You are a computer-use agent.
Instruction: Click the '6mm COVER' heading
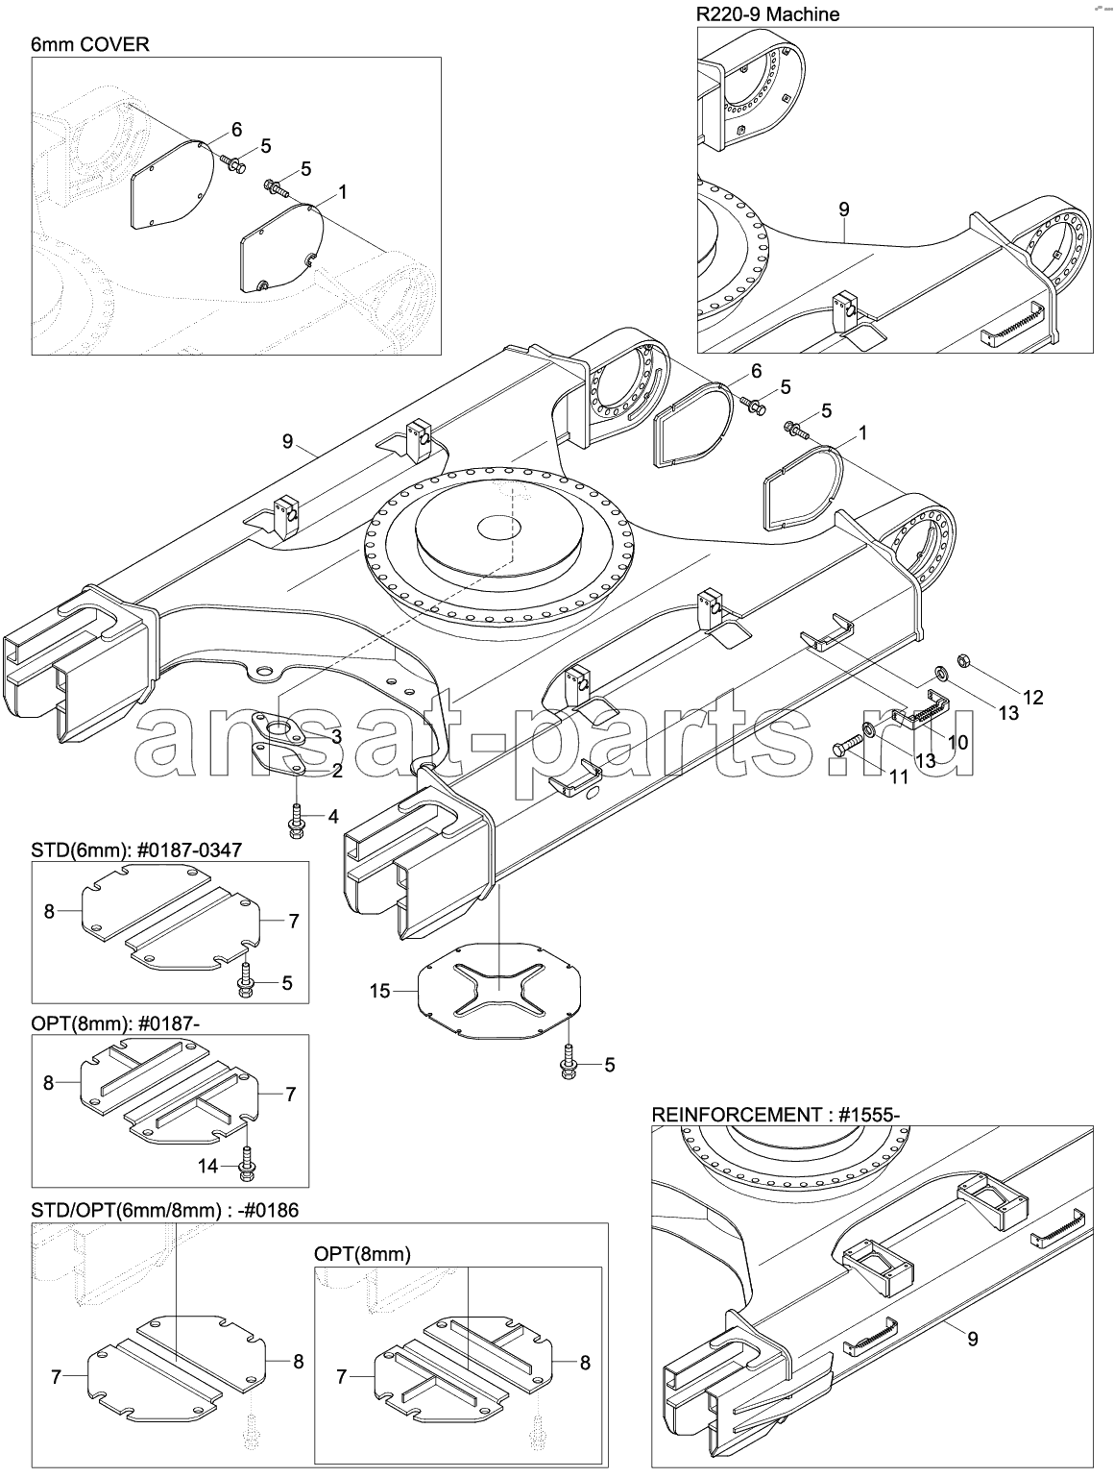90,44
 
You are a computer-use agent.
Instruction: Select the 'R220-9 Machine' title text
767,14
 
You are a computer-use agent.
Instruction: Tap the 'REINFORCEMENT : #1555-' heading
776,1115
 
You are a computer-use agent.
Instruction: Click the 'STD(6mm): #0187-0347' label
136,850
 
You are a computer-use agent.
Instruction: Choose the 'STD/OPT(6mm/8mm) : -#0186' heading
165,1210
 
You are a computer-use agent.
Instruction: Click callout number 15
379,991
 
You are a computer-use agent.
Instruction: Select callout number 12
1032,698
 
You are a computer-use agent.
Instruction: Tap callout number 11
899,777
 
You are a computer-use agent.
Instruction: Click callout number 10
957,742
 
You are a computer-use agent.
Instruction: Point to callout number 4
333,817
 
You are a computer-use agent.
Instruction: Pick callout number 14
207,1166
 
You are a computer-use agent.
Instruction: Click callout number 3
336,737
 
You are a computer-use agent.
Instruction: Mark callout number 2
336,771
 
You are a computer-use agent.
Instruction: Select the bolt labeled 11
848,746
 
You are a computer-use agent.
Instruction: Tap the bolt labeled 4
295,823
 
